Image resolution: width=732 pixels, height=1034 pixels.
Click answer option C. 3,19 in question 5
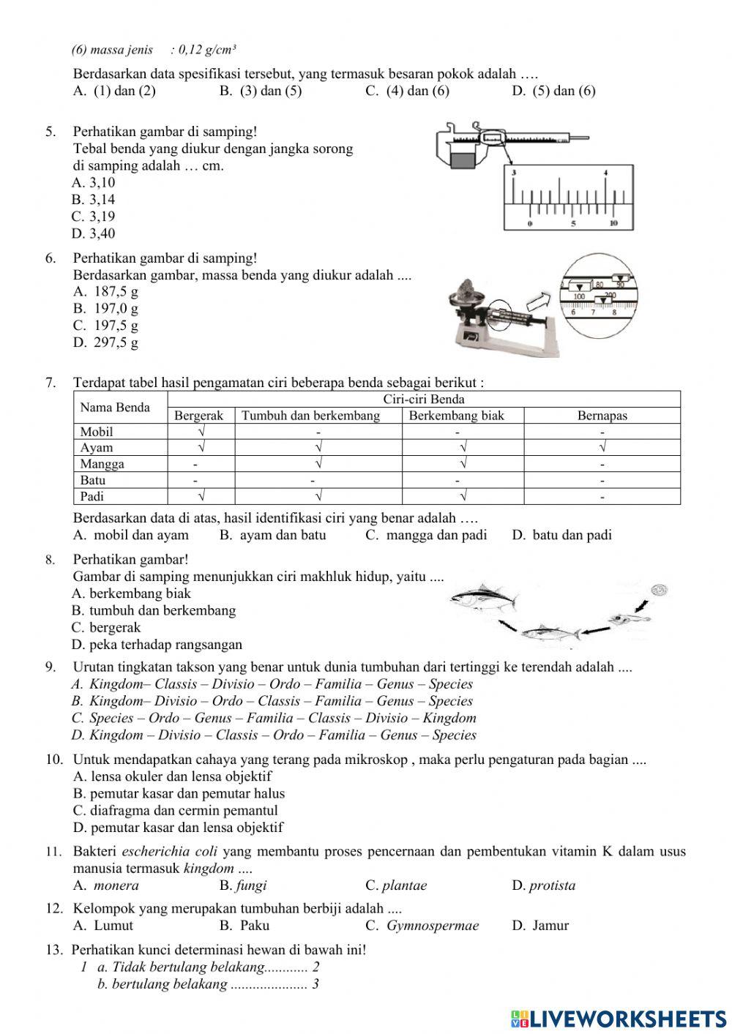tap(93, 217)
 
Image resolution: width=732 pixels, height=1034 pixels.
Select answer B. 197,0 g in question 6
tap(105, 308)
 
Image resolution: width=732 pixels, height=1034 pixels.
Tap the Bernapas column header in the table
tap(602, 416)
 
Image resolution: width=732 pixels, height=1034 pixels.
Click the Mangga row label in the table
tap(102, 464)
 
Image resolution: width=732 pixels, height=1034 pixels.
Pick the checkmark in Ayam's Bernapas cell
tap(602, 448)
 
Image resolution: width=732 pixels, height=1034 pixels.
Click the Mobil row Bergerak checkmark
tap(201, 432)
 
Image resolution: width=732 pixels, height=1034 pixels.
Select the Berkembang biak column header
tap(456, 416)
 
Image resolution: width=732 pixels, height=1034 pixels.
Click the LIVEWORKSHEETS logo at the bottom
tap(619, 1018)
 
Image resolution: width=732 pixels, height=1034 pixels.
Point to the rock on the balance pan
tap(465, 289)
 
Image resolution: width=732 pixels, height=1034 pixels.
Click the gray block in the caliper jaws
tap(463, 159)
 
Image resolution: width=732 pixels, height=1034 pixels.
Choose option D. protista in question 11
tap(544, 885)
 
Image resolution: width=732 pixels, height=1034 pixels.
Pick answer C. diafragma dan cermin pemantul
tap(176, 811)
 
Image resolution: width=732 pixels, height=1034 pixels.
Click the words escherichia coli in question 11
tap(170, 851)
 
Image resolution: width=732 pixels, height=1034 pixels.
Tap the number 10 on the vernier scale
tap(613, 223)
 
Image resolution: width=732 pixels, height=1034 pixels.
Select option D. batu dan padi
tap(562, 535)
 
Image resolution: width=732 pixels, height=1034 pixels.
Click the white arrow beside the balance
tap(539, 298)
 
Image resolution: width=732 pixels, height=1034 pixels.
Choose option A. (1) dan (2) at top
tap(115, 91)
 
